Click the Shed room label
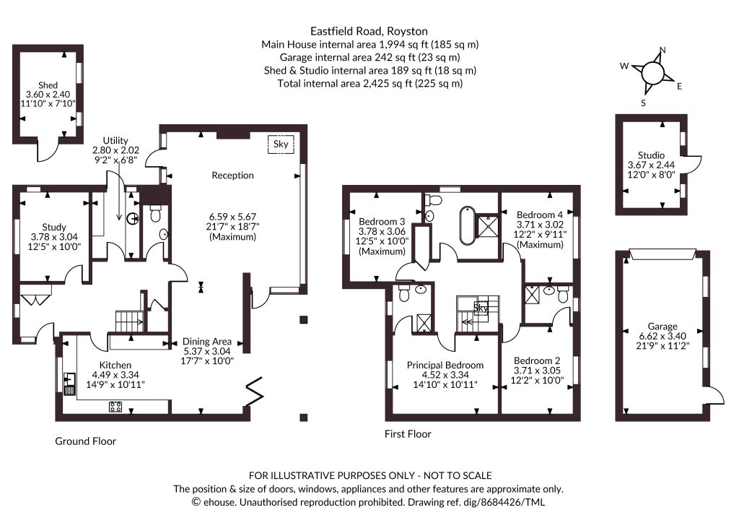(x=48, y=85)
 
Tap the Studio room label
(x=652, y=155)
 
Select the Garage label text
(x=663, y=327)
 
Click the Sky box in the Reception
(x=281, y=144)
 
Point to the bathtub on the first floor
(x=467, y=225)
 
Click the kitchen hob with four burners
(x=115, y=407)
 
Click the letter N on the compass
(x=663, y=51)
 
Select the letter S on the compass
(x=643, y=103)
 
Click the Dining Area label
(x=207, y=342)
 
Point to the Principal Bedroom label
(x=445, y=365)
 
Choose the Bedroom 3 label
(x=382, y=222)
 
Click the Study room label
(x=54, y=228)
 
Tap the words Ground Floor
(x=85, y=441)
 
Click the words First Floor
(x=408, y=434)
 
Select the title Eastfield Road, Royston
(x=369, y=32)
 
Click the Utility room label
(x=115, y=141)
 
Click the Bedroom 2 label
(x=537, y=360)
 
